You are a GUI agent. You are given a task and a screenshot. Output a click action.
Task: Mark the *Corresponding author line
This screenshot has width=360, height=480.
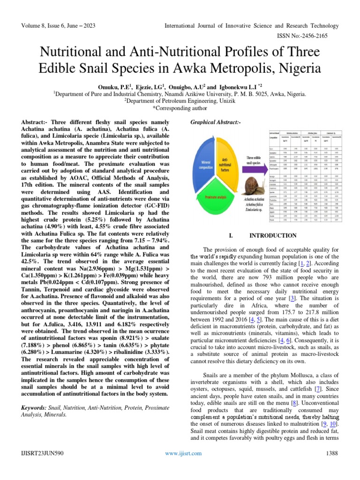[x=180, y=107]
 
